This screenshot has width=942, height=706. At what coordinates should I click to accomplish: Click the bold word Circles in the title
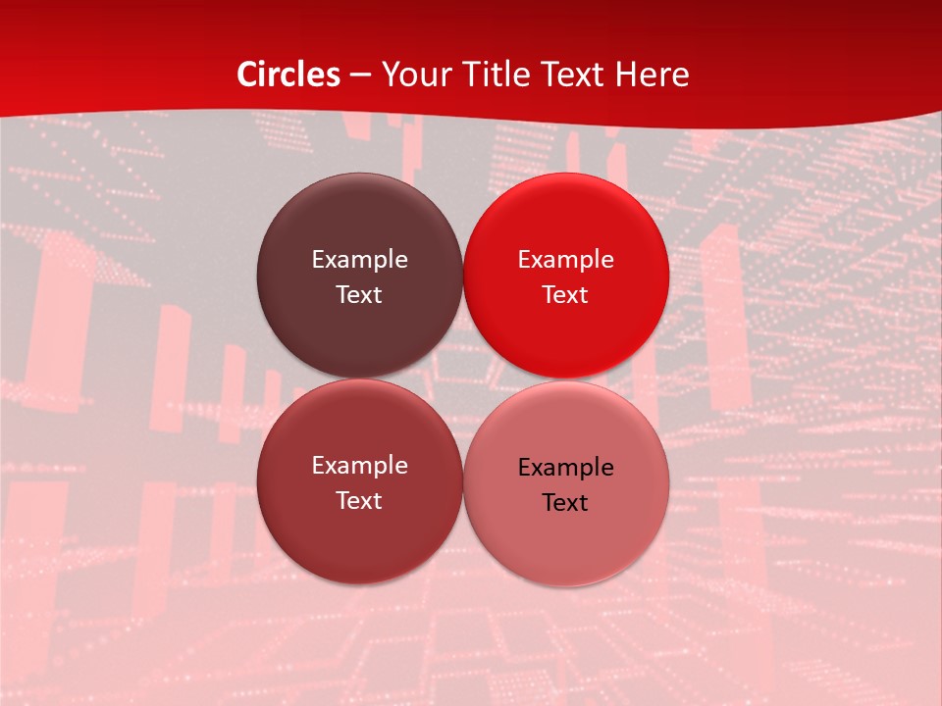point(288,75)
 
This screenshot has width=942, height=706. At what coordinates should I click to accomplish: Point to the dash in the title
point(360,76)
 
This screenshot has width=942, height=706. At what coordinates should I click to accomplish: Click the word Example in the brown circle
point(359,260)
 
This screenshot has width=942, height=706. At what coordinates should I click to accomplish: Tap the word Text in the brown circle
point(359,295)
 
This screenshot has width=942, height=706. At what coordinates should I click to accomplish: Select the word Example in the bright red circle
point(565,260)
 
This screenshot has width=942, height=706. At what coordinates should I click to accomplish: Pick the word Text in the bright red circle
point(565,295)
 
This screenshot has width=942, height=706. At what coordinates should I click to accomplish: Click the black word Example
point(565,468)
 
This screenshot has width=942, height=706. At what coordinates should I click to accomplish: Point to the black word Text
point(565,503)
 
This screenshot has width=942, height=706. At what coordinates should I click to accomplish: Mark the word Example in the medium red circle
point(359,466)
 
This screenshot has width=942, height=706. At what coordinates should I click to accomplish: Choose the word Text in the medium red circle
point(359,501)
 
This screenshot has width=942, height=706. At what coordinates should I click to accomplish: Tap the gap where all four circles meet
point(462,379)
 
